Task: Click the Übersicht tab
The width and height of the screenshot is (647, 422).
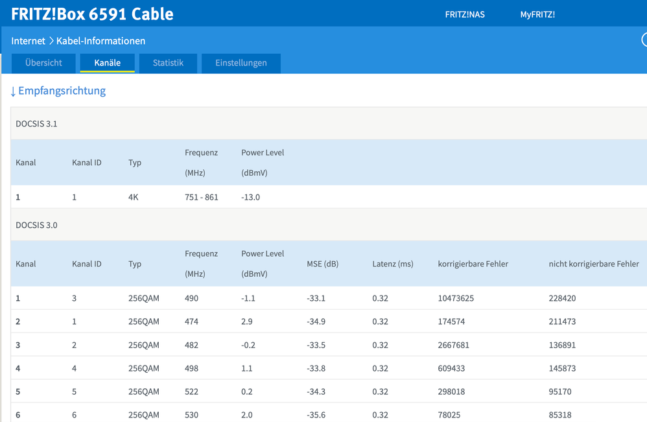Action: tap(43, 63)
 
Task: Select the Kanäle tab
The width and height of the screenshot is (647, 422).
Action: tap(107, 63)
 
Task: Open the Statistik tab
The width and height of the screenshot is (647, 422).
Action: tap(168, 63)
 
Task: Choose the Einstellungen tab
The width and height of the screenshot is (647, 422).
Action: tap(241, 63)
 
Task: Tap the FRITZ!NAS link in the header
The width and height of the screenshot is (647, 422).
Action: tap(465, 14)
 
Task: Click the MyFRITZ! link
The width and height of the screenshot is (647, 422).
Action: tap(537, 14)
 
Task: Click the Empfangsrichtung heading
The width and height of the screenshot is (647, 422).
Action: tap(58, 91)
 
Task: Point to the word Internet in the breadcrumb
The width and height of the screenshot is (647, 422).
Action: tap(28, 41)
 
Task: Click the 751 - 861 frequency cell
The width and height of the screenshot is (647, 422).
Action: tap(202, 197)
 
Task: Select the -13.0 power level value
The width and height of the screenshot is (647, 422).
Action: tap(250, 197)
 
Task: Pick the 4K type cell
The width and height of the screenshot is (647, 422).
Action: tap(134, 197)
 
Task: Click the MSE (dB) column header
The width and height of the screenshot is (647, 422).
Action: tap(323, 264)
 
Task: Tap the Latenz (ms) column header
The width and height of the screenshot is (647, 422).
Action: tap(393, 264)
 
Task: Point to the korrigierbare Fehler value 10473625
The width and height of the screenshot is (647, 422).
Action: tap(456, 298)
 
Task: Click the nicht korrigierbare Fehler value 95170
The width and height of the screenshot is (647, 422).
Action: tap(560, 392)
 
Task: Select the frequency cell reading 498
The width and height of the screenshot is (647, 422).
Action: tap(191, 368)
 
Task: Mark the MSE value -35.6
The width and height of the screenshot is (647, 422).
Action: tap(316, 415)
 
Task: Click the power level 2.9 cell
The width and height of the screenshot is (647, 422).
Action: tap(247, 322)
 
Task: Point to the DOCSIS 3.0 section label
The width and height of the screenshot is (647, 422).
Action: tap(36, 225)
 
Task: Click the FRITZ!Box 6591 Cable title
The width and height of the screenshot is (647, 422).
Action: tap(92, 14)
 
